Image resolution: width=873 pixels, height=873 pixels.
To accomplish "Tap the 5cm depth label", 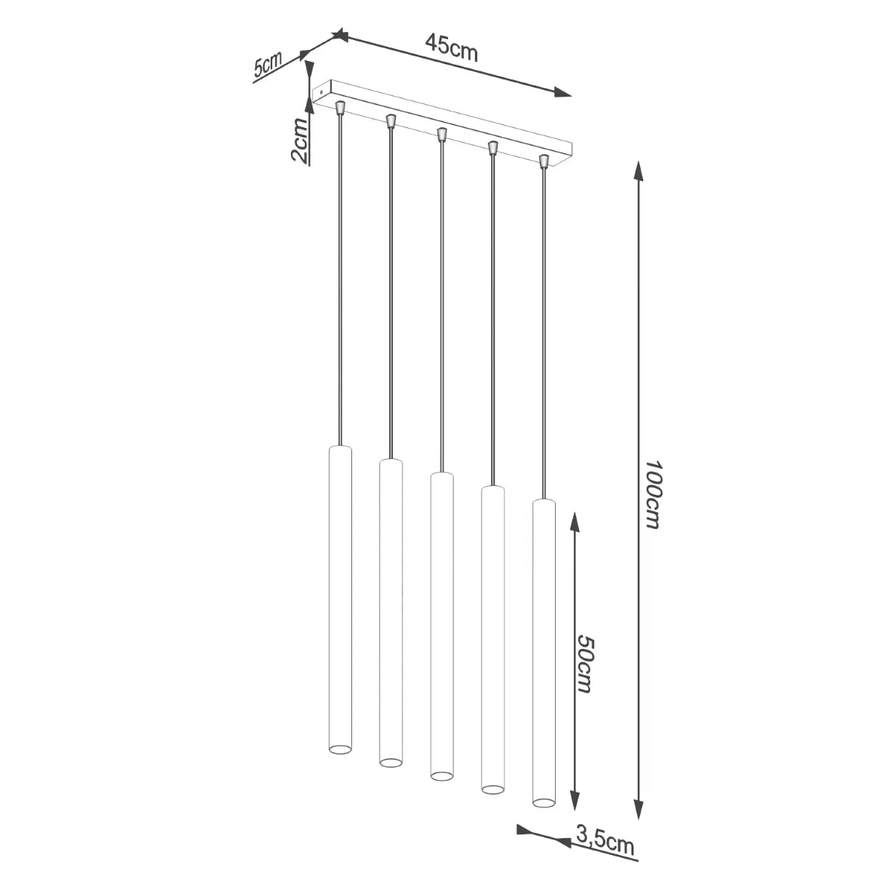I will pos(268,65).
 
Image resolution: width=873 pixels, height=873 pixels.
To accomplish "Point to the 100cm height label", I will pos(652,495).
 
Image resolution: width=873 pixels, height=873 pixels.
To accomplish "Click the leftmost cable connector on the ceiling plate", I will pos(340,108).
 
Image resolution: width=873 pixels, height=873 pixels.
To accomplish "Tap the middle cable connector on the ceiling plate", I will pos(441,134).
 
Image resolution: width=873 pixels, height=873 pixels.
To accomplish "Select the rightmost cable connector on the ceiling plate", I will pos(543,159).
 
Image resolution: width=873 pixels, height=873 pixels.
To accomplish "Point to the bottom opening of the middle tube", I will pos(441,776).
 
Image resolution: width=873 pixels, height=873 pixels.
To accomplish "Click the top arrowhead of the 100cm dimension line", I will pos(639,171).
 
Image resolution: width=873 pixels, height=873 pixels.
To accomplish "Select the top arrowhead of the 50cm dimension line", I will pos(575,521).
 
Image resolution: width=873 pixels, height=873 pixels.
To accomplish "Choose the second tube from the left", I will pos(391,611).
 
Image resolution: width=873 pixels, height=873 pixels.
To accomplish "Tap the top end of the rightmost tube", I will pos(543,501).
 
